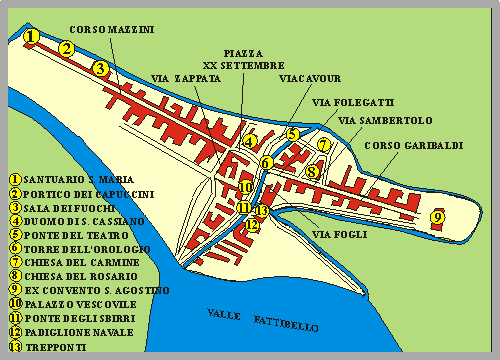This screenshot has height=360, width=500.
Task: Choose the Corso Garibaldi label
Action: coord(413,146)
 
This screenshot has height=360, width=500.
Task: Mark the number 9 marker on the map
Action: coord(436,216)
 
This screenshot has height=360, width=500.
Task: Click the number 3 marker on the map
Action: coord(99,69)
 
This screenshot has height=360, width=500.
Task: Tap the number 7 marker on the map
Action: coord(323,144)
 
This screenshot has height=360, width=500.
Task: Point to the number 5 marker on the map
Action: coord(292,135)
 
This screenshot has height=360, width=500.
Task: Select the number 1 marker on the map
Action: coord(32,37)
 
